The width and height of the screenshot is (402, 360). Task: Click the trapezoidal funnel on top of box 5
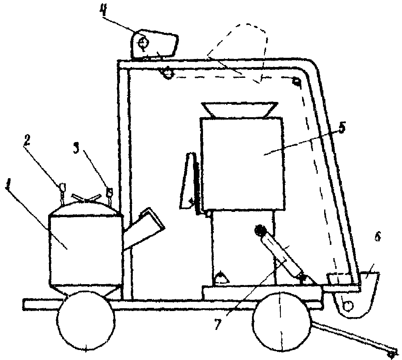point(240,109)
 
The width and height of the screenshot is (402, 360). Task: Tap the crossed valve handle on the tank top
point(85,198)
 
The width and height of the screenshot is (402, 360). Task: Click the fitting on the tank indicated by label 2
point(63,189)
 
